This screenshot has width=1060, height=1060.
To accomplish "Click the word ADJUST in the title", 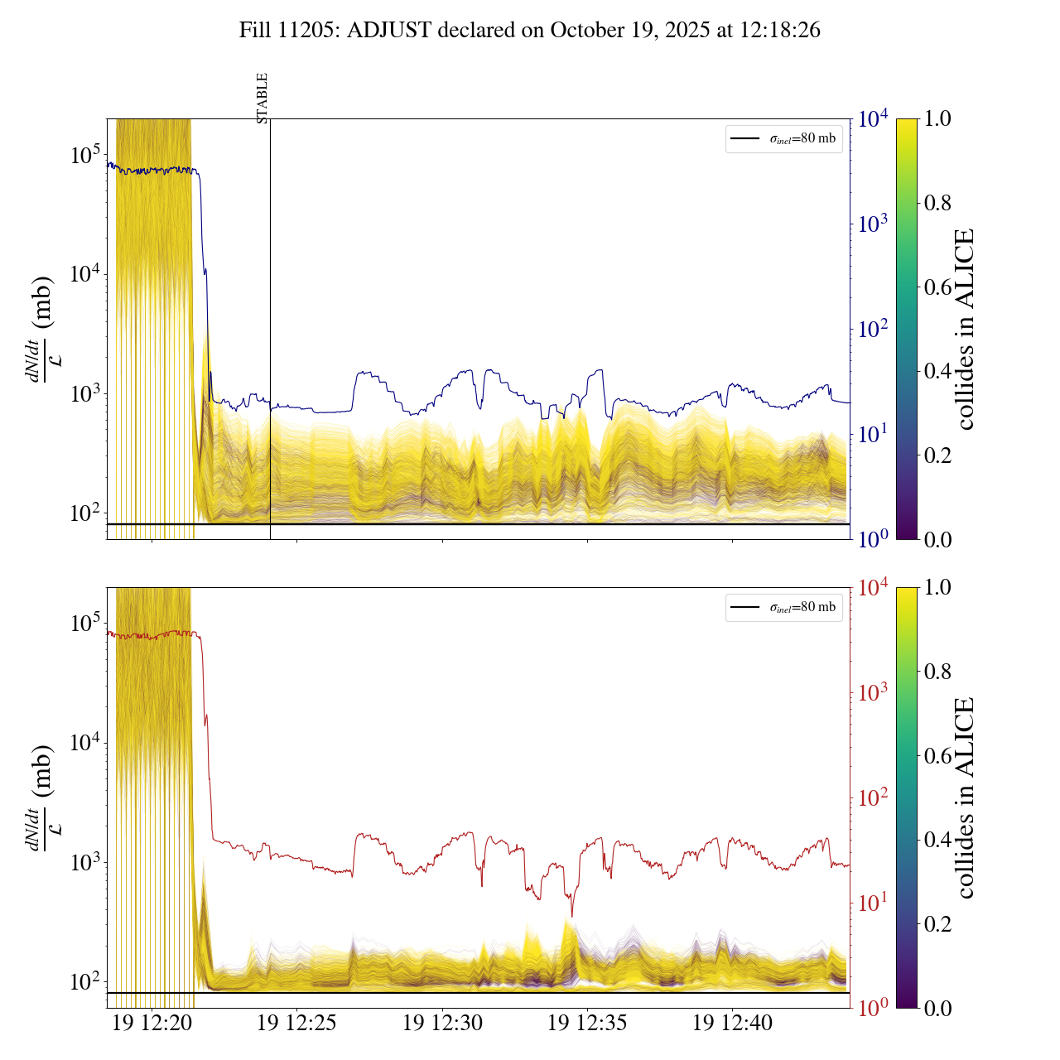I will [x=390, y=31].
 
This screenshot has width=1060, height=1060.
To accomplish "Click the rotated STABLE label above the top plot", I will [x=263, y=98].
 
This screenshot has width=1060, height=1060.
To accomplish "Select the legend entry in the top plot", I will [x=783, y=138].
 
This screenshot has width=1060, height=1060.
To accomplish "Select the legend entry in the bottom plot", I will [x=783, y=607].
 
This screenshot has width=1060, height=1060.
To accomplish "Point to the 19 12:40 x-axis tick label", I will [x=732, y=1023].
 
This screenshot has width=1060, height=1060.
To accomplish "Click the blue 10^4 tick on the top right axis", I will [x=874, y=119].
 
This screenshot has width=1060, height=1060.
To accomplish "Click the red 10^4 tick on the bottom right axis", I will [x=874, y=588].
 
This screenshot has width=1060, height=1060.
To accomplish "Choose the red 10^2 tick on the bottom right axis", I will [x=873, y=797].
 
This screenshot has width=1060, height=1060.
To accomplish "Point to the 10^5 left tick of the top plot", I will [x=85, y=155].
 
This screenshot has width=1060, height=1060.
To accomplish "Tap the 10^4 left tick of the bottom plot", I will [x=85, y=743].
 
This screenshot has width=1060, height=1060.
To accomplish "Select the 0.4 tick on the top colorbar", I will [x=937, y=371].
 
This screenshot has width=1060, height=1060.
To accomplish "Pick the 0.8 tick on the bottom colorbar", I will [x=937, y=672].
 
